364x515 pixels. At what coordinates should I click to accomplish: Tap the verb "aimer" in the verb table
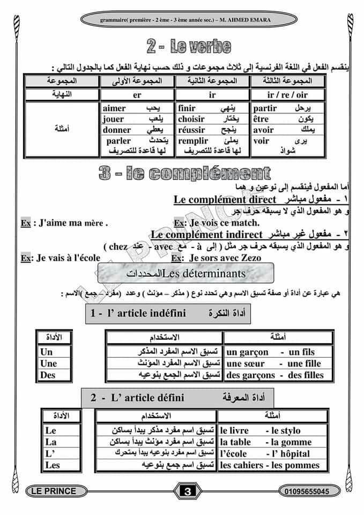click(x=114, y=109)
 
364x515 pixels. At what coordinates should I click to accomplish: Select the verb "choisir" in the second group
click(x=191, y=119)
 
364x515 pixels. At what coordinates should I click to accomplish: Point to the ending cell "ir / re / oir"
click(x=287, y=95)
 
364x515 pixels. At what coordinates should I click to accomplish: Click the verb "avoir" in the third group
click(x=263, y=130)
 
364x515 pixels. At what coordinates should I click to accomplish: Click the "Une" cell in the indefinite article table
click(x=48, y=364)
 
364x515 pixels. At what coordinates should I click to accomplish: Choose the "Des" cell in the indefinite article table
click(x=48, y=375)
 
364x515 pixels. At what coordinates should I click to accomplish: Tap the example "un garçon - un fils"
click(x=270, y=352)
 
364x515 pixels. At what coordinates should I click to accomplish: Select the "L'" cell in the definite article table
click(x=51, y=453)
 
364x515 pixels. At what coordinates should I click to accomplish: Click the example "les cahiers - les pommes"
click(x=270, y=465)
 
